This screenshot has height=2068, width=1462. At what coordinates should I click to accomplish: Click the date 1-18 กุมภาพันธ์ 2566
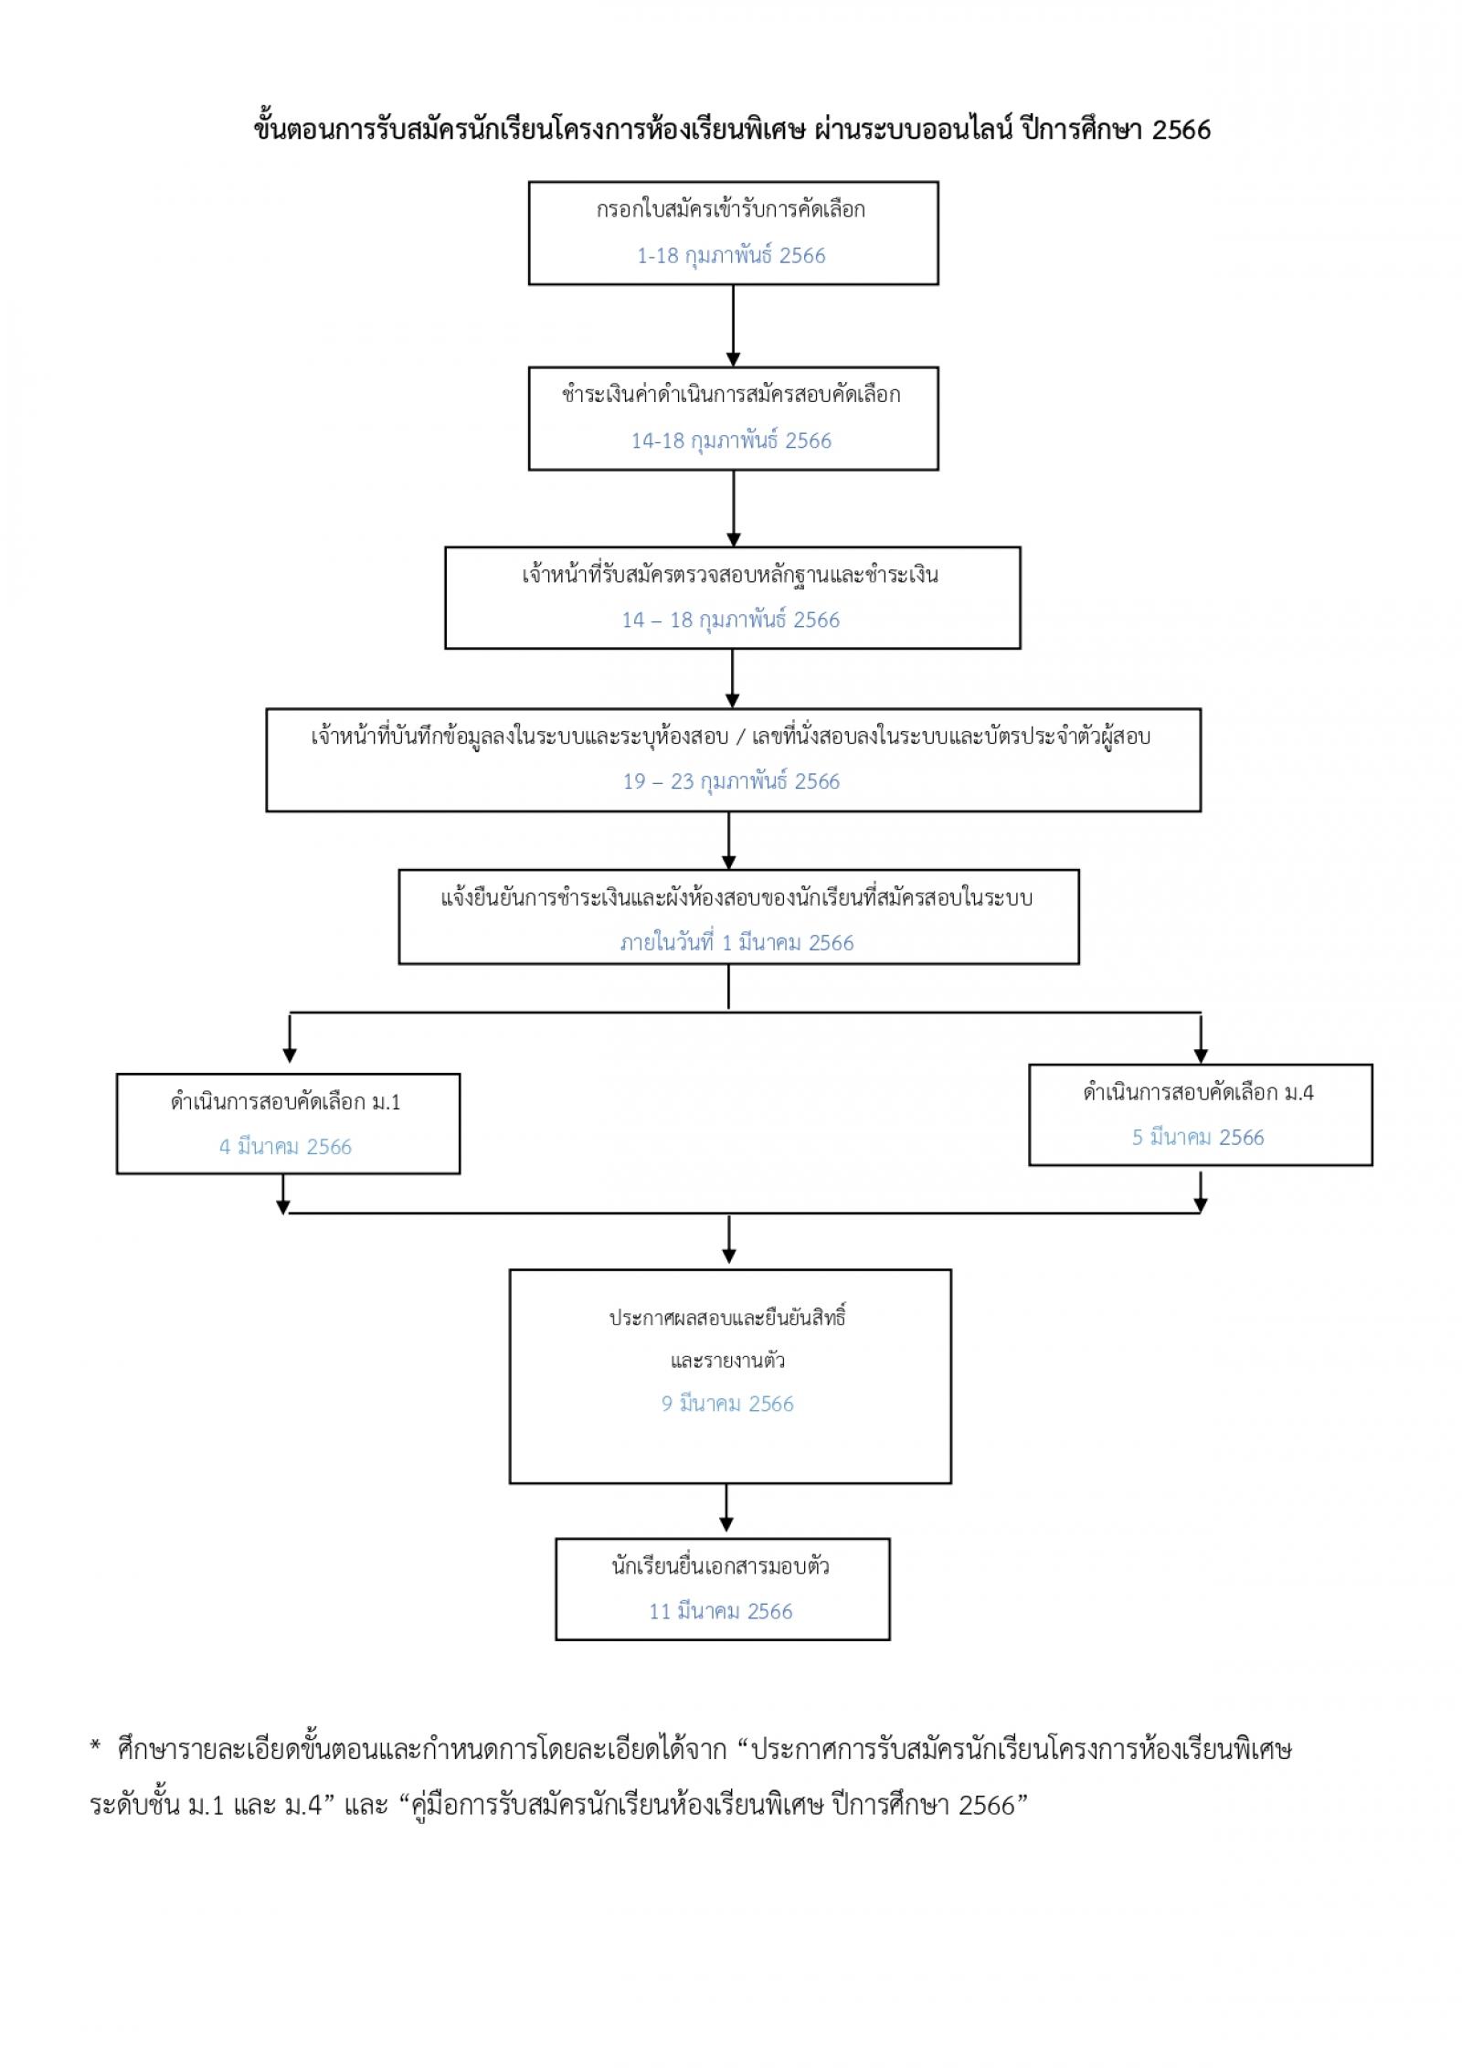click(731, 256)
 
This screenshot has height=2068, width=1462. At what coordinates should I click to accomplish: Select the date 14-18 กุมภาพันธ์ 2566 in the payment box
click(731, 440)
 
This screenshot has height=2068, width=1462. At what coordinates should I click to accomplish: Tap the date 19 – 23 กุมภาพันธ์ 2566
click(731, 781)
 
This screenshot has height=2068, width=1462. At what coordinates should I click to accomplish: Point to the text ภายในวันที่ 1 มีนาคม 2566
click(736, 943)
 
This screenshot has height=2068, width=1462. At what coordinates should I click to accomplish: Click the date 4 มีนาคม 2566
click(285, 1147)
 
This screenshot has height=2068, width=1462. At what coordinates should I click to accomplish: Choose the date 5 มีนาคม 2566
click(1198, 1138)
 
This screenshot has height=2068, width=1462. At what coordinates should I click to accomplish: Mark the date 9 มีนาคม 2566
click(727, 1404)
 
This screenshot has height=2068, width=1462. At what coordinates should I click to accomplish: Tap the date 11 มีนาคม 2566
click(721, 1611)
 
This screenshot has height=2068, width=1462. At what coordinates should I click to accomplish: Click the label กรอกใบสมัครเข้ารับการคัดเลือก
click(731, 210)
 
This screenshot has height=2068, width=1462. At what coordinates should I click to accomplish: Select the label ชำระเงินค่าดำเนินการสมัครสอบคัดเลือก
click(731, 395)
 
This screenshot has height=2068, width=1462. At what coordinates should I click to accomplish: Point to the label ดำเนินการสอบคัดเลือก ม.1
click(285, 1102)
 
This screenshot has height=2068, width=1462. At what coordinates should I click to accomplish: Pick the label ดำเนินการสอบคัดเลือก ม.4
click(1198, 1092)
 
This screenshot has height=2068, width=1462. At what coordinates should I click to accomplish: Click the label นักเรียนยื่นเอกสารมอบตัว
click(721, 1566)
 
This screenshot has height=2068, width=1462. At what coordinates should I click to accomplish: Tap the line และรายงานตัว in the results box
click(727, 1361)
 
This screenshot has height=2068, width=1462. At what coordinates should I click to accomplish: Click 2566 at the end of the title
click(1181, 131)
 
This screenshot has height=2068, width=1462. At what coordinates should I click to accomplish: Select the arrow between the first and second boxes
click(733, 325)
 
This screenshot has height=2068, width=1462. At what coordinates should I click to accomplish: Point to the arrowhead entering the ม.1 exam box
click(290, 1055)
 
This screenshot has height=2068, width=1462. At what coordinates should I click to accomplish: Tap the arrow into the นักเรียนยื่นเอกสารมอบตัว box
click(726, 1508)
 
